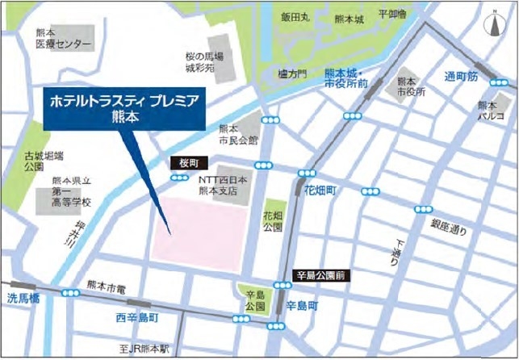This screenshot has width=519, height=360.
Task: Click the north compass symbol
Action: click(493, 25)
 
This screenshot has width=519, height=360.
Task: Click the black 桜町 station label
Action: click(181, 162)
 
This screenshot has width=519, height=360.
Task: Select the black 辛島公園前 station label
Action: click(321, 274)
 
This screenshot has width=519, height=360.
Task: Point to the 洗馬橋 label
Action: click(23, 298)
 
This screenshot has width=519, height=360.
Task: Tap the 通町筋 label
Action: click(462, 76)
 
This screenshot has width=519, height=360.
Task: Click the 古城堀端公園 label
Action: click(33, 161)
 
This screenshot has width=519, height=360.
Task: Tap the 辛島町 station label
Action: click(303, 307)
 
